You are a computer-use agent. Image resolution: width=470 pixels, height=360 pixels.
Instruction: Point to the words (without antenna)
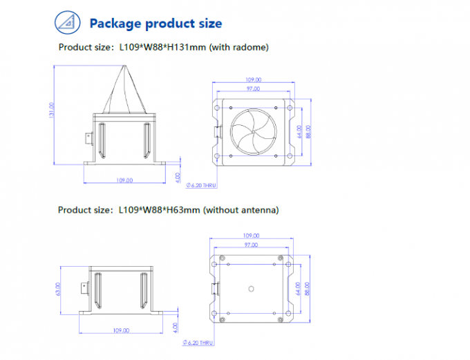[x=241, y=209]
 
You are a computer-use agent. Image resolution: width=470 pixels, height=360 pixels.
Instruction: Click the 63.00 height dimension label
[x=59, y=290]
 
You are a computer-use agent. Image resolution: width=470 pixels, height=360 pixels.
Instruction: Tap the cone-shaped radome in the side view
[x=125, y=90]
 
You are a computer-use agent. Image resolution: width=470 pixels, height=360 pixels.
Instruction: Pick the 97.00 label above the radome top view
[x=252, y=89]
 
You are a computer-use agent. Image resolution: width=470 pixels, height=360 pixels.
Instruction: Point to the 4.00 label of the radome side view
[x=178, y=177]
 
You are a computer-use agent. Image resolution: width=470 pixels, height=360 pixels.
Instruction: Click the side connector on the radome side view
[x=88, y=137]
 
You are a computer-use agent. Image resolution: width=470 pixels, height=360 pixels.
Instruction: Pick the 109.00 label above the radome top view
[x=252, y=80]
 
